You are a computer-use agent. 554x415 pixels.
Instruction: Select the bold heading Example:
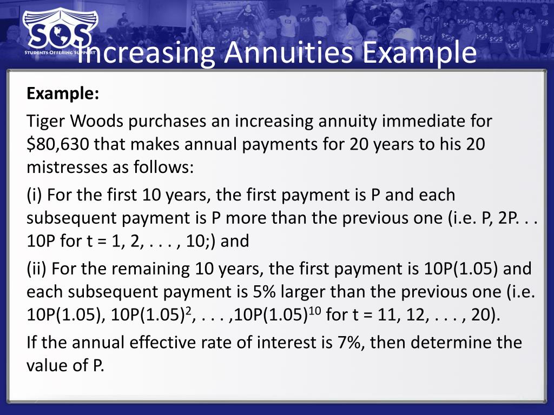[x=63, y=93]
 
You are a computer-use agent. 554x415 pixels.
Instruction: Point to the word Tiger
[x=47, y=121]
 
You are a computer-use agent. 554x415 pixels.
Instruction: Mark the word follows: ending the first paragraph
[x=161, y=167]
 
